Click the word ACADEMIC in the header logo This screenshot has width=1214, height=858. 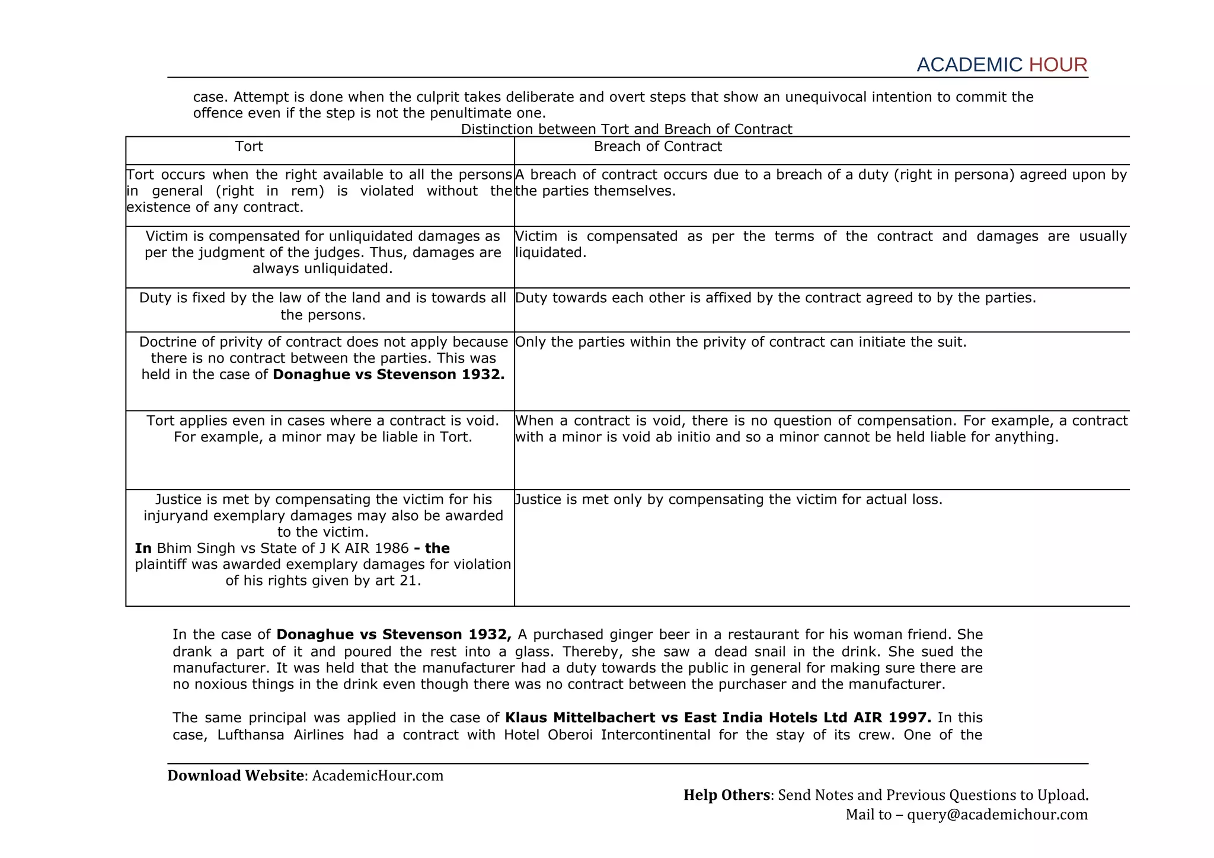[969, 65]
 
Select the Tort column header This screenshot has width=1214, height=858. [249, 146]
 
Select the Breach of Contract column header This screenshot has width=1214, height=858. [657, 146]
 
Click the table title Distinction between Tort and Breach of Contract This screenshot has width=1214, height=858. [626, 129]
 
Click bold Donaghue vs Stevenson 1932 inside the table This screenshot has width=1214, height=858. [388, 374]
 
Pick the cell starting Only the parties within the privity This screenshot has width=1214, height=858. [740, 342]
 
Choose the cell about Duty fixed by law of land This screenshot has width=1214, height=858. [322, 306]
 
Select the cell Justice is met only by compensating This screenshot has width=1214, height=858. [729, 500]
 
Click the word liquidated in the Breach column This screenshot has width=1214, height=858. [550, 252]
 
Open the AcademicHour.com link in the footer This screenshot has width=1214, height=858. [378, 776]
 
